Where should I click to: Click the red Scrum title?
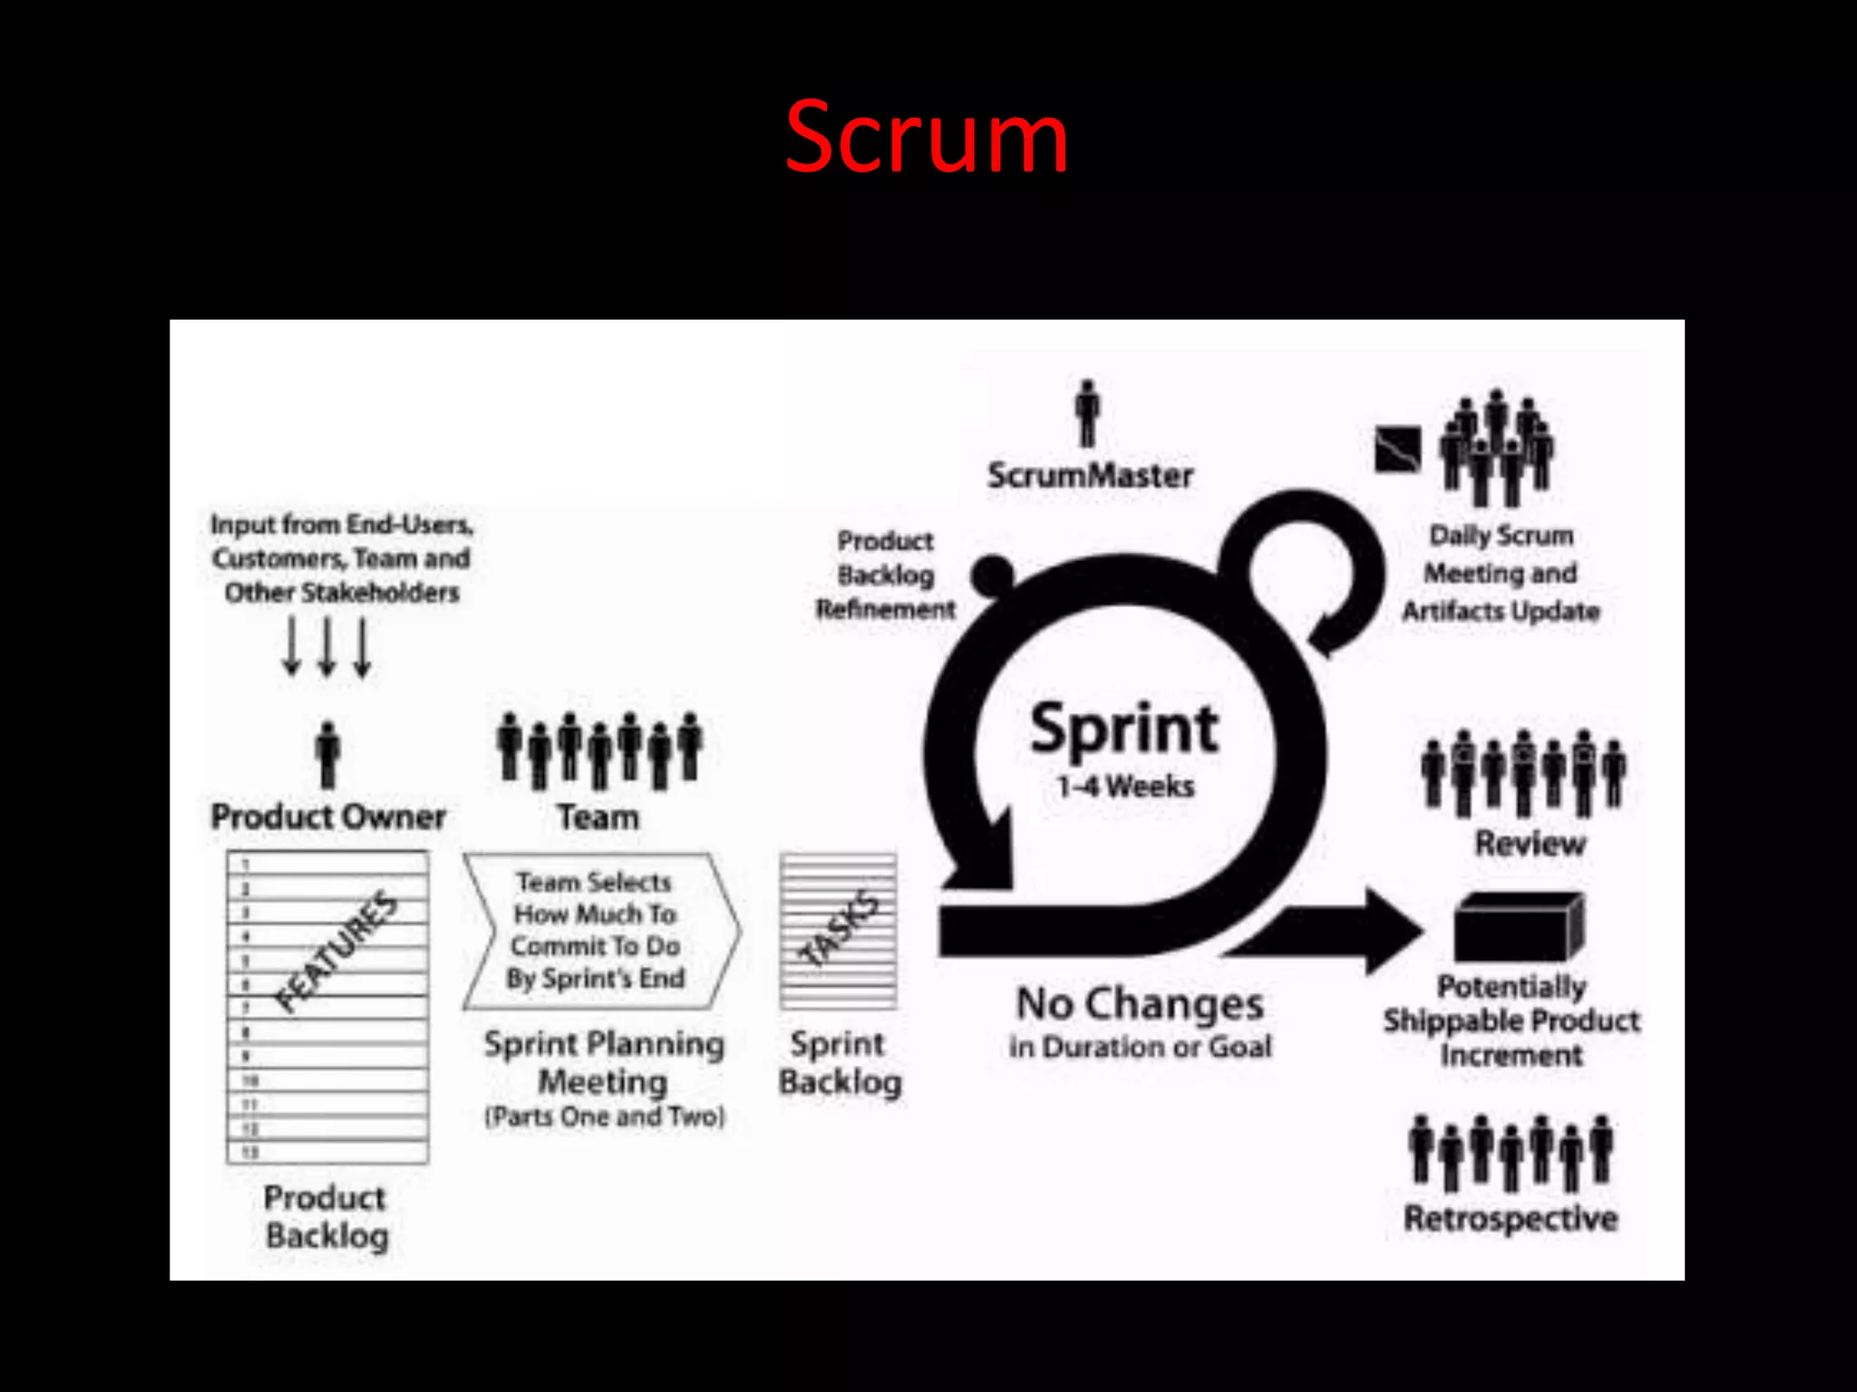(x=927, y=138)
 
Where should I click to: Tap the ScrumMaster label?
(x=1090, y=475)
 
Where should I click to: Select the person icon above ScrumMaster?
(x=1087, y=413)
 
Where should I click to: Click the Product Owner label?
(x=328, y=817)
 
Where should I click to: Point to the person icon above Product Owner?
(x=328, y=754)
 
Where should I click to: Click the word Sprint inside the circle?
(x=1124, y=729)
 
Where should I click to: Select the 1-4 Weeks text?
(x=1125, y=786)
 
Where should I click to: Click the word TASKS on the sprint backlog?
(x=840, y=928)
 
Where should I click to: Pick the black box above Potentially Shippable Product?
(x=1519, y=928)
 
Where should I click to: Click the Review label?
(x=1530, y=844)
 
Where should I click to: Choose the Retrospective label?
(x=1511, y=1218)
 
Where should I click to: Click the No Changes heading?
(x=1140, y=1004)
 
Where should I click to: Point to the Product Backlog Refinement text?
(x=885, y=575)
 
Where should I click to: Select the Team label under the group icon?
(x=598, y=817)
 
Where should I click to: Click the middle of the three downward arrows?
(x=327, y=647)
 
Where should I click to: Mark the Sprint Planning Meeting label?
(x=604, y=1062)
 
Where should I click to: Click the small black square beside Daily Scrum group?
(x=1397, y=449)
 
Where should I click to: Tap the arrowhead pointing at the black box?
(x=1392, y=931)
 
